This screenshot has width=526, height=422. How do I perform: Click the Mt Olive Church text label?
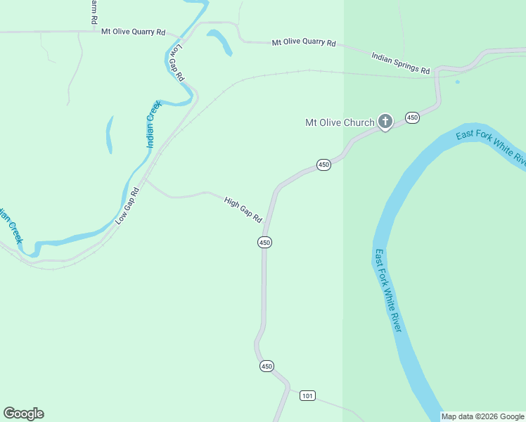[340, 122]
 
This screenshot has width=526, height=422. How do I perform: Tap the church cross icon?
[385, 121]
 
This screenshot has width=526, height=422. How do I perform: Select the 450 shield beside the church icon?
[412, 117]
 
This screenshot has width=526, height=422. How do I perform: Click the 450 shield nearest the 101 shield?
[266, 366]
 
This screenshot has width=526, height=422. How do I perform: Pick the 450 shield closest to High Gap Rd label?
[264, 242]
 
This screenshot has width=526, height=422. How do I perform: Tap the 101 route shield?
[307, 396]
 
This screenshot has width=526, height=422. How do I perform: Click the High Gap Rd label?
[243, 210]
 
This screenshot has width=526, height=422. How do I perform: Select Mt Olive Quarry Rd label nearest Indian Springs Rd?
[304, 42]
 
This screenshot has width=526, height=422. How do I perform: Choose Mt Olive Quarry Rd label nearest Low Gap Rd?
[133, 32]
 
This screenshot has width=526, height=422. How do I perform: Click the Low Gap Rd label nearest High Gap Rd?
[128, 205]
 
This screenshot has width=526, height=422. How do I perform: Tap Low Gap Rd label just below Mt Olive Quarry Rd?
[177, 63]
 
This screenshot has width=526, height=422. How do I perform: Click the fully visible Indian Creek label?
[153, 124]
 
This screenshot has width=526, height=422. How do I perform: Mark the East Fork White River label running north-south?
[388, 291]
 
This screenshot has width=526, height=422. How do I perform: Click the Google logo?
[23, 414]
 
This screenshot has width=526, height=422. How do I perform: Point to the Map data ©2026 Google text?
[482, 416]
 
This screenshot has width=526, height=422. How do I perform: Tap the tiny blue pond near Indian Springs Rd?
[457, 82]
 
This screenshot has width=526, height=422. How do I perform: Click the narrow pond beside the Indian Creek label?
[110, 134]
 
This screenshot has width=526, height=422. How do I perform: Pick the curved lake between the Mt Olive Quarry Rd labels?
[220, 41]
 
